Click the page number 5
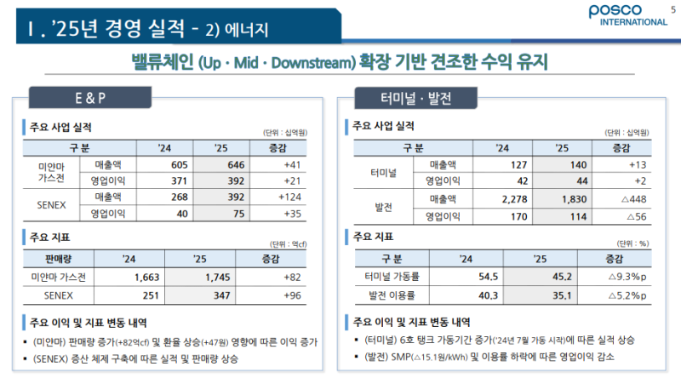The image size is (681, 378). (663, 8)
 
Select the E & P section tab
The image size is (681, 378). (89, 97)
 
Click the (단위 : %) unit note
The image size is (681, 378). (633, 242)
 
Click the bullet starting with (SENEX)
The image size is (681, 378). (153, 358)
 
